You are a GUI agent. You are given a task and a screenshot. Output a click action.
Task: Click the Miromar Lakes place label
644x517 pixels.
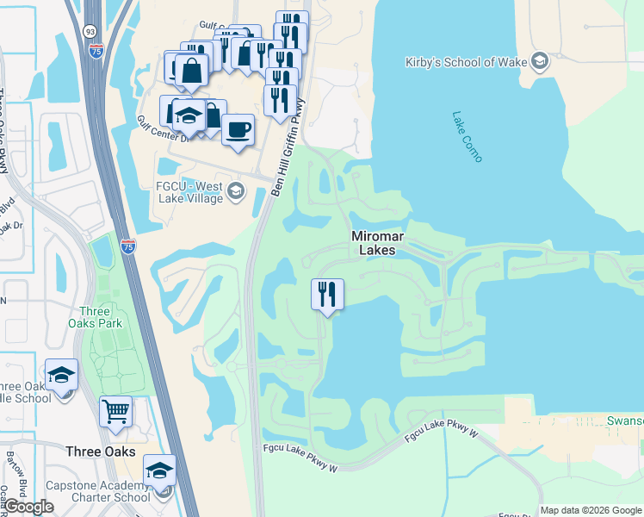373,242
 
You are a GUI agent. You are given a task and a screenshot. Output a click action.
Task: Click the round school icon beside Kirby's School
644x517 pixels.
539,60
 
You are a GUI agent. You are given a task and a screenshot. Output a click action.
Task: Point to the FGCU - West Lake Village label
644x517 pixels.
189,193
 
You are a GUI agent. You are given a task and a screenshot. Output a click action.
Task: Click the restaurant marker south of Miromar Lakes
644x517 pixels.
327,295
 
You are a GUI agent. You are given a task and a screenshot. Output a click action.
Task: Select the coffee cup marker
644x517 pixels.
238,130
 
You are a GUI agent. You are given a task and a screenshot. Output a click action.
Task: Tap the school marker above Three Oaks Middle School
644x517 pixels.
61,375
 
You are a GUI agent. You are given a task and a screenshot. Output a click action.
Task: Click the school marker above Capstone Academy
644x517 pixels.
159,470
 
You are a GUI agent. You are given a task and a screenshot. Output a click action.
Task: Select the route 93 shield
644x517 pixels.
90,31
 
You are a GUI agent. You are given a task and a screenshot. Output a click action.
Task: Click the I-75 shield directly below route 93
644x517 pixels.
96,51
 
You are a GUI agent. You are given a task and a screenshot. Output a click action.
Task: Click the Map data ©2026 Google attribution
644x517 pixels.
591,510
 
